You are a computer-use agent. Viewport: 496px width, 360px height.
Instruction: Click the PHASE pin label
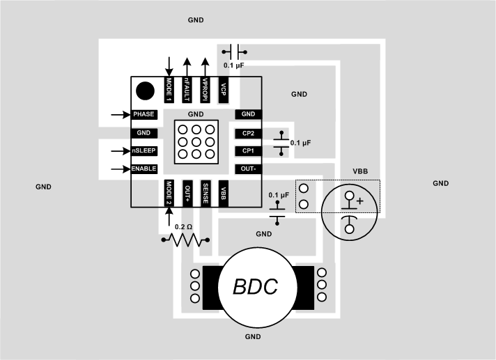[x=144, y=114]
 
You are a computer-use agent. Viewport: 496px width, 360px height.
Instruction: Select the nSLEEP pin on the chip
[x=144, y=150]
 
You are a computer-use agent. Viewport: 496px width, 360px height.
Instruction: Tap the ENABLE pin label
[x=144, y=169]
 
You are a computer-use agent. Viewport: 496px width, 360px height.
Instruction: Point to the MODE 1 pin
[x=169, y=89]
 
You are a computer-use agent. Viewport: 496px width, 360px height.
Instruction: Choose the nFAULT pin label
[x=187, y=89]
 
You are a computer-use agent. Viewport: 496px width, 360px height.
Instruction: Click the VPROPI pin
[x=206, y=89]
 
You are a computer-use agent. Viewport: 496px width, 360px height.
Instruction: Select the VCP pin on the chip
[x=224, y=89]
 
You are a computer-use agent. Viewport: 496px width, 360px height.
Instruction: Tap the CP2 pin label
[x=248, y=132]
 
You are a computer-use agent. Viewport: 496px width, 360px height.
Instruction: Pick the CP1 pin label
[x=248, y=150]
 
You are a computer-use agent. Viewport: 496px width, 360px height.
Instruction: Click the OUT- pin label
[x=248, y=169]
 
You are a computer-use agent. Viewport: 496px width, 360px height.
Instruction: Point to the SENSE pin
[x=206, y=193]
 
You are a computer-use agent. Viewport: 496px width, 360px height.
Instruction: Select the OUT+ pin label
[x=187, y=193]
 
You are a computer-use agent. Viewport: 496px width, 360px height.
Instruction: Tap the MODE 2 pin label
[x=169, y=193]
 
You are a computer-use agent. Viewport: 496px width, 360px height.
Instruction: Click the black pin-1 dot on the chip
[x=145, y=90]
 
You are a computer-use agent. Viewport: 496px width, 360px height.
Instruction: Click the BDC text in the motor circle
[x=255, y=286]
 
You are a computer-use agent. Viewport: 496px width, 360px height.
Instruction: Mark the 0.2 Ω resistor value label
[x=184, y=227]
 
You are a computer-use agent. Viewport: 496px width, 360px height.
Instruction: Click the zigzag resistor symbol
[x=185, y=240]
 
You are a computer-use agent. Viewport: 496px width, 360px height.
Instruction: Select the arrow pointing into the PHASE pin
[x=121, y=114]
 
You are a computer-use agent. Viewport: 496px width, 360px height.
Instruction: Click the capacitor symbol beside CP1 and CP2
[x=281, y=142]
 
